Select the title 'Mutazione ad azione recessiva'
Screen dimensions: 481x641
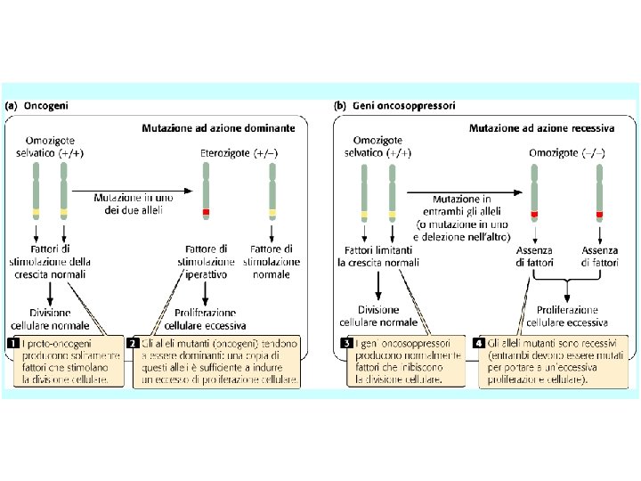[x=541, y=127]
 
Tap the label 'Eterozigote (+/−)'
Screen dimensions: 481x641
[x=239, y=152]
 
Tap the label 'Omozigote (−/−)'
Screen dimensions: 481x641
[x=566, y=152]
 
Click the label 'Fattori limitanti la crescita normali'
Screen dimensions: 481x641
[x=377, y=257]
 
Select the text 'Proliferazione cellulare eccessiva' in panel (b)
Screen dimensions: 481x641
[x=565, y=317]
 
